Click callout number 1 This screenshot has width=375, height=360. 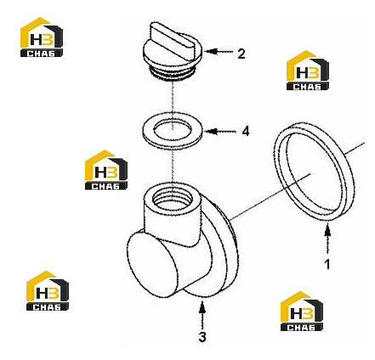click(x=327, y=265)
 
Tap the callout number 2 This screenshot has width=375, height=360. click(x=241, y=54)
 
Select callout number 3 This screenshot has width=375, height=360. click(x=202, y=337)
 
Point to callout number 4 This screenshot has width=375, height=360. click(x=246, y=131)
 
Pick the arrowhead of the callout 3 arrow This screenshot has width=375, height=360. click(x=202, y=308)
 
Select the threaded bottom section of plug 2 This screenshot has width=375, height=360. click(x=172, y=73)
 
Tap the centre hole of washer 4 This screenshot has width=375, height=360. click(x=173, y=130)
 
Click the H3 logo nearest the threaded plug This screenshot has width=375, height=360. click(x=42, y=37)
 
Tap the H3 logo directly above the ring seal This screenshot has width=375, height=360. click(x=308, y=71)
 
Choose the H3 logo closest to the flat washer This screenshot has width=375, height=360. click(x=106, y=170)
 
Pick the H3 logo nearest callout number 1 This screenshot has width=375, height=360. click(x=302, y=311)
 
